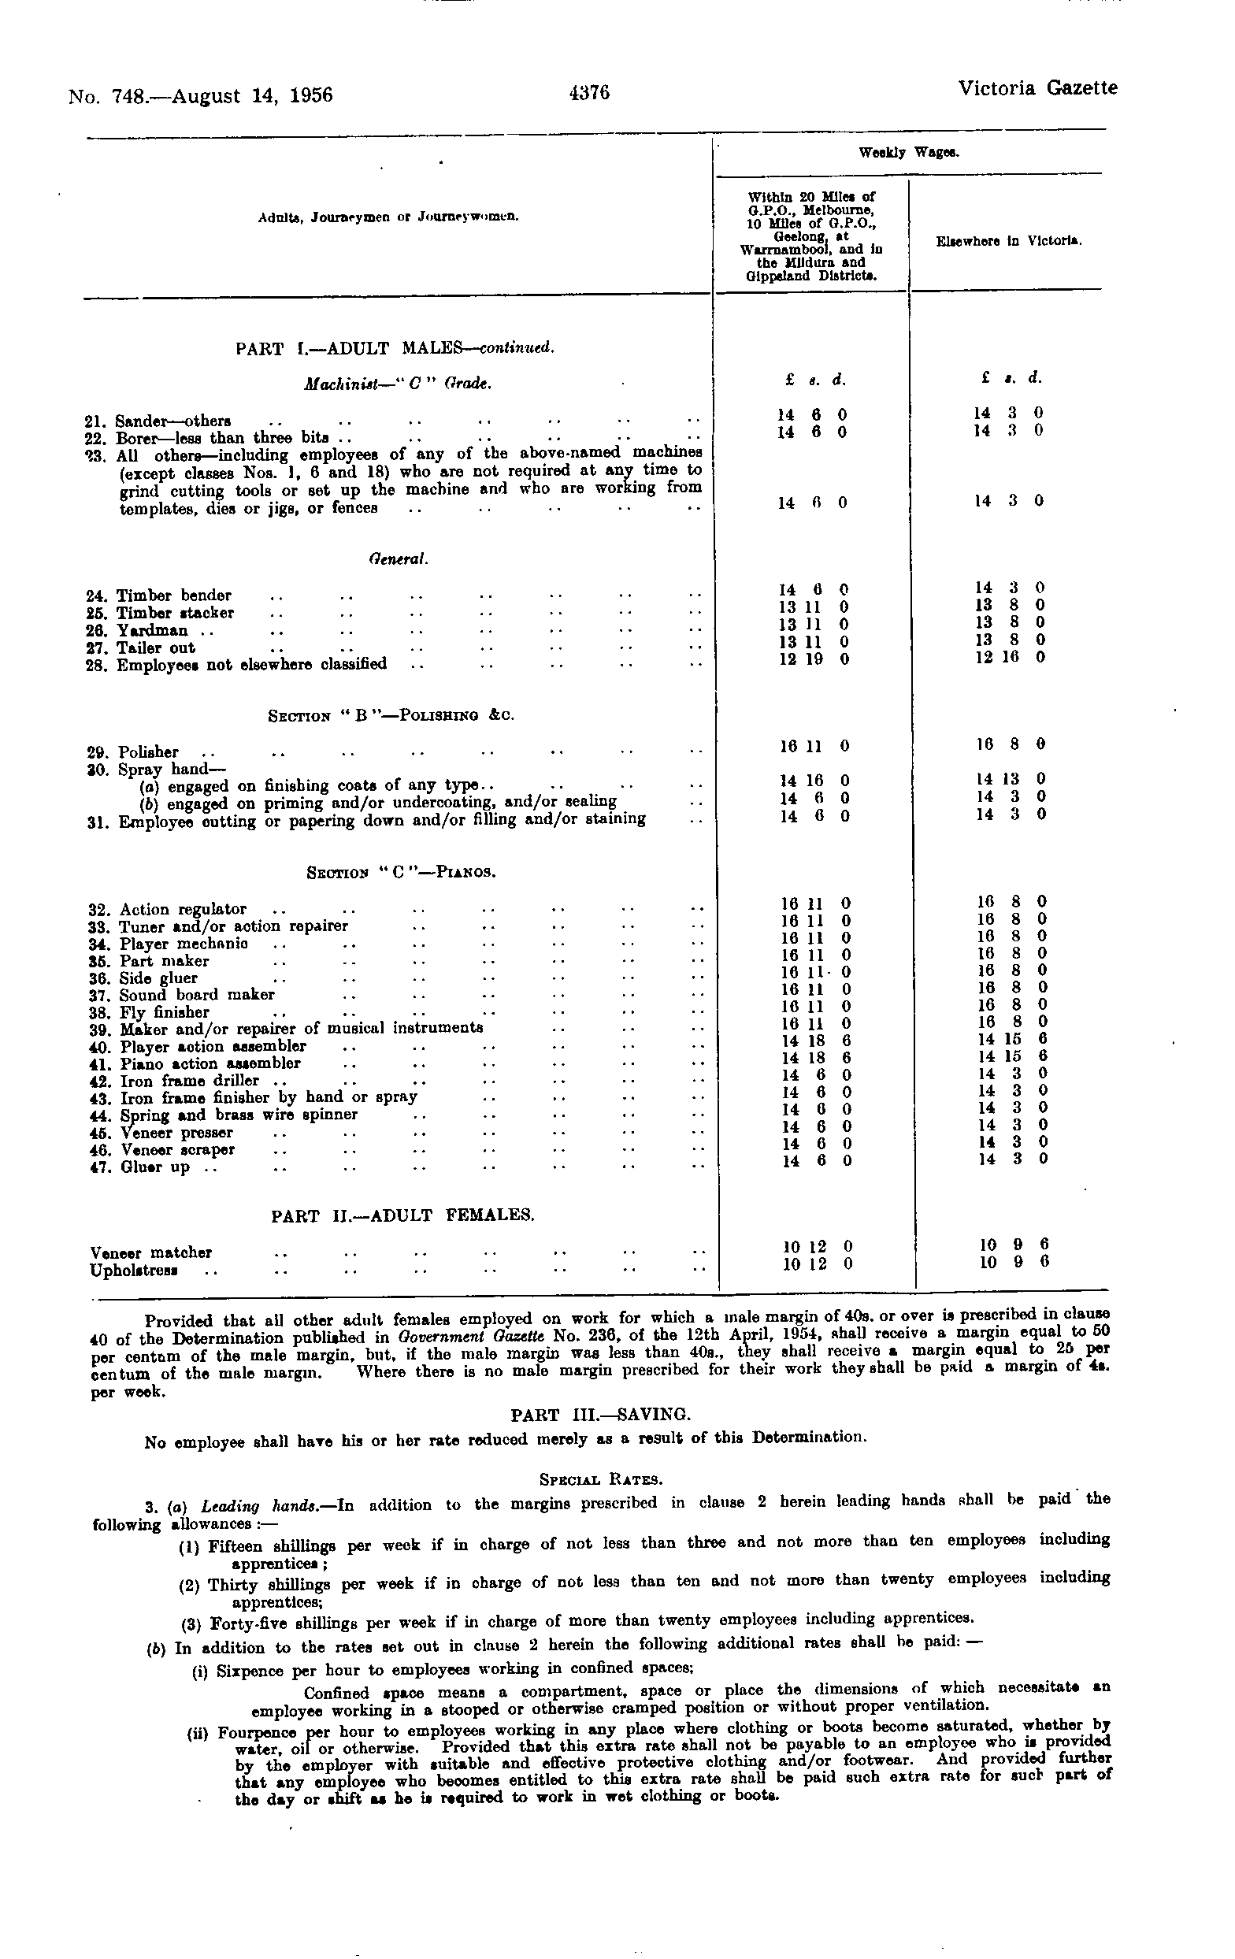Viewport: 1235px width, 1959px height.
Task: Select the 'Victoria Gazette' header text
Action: click(x=1037, y=88)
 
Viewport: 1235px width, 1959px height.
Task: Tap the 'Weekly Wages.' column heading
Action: click(x=908, y=153)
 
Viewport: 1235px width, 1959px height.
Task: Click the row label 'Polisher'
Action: click(x=148, y=751)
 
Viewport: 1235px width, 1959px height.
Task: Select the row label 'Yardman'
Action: click(x=152, y=630)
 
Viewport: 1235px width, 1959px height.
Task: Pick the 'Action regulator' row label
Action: click(x=182, y=910)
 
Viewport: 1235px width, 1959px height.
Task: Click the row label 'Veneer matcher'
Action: click(x=151, y=1253)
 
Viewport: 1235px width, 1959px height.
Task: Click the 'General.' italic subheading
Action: click(x=399, y=560)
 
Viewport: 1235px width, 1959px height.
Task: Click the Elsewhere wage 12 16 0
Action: click(x=1010, y=656)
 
